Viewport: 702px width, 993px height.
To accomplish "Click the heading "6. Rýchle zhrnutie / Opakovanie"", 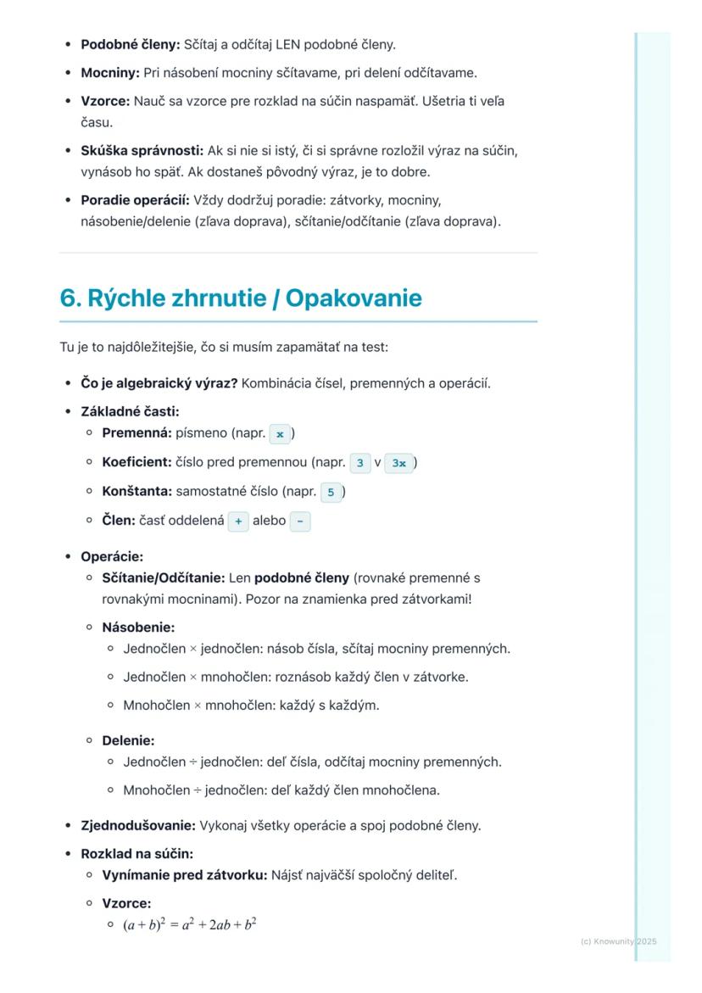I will pyautogui.click(x=240, y=298).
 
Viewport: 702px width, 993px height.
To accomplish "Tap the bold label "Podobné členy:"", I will pyautogui.click(x=131, y=44).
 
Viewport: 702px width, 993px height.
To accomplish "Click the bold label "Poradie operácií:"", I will pyautogui.click(x=136, y=201).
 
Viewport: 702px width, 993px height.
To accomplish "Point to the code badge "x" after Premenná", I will pyautogui.click(x=280, y=433).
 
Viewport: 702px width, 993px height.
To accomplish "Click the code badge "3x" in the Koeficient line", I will pyautogui.click(x=398, y=463).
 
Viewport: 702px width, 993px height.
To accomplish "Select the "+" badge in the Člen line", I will pyautogui.click(x=237, y=522).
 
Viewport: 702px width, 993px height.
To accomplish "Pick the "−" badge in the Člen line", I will pyautogui.click(x=300, y=522).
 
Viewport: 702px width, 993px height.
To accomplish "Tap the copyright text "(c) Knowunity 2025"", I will pyautogui.click(x=618, y=941).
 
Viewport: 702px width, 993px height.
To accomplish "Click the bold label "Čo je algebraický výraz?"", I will pyautogui.click(x=159, y=383).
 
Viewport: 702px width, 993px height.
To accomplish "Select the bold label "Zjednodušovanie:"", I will pyautogui.click(x=138, y=825).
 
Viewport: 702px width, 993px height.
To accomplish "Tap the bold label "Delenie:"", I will pyautogui.click(x=128, y=740).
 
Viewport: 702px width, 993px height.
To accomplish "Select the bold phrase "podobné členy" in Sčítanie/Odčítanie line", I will pyautogui.click(x=302, y=578).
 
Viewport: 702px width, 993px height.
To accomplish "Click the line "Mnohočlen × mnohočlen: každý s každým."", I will pyautogui.click(x=251, y=705).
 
